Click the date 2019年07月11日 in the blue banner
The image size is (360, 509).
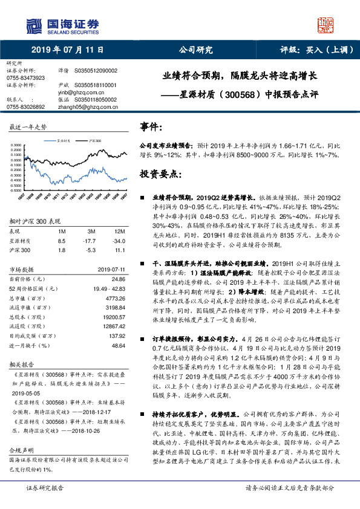click(67, 50)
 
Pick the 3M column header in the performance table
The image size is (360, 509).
click(91, 232)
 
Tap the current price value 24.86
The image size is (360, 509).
click(118, 279)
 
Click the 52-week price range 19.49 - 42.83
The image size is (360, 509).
click(106, 288)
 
